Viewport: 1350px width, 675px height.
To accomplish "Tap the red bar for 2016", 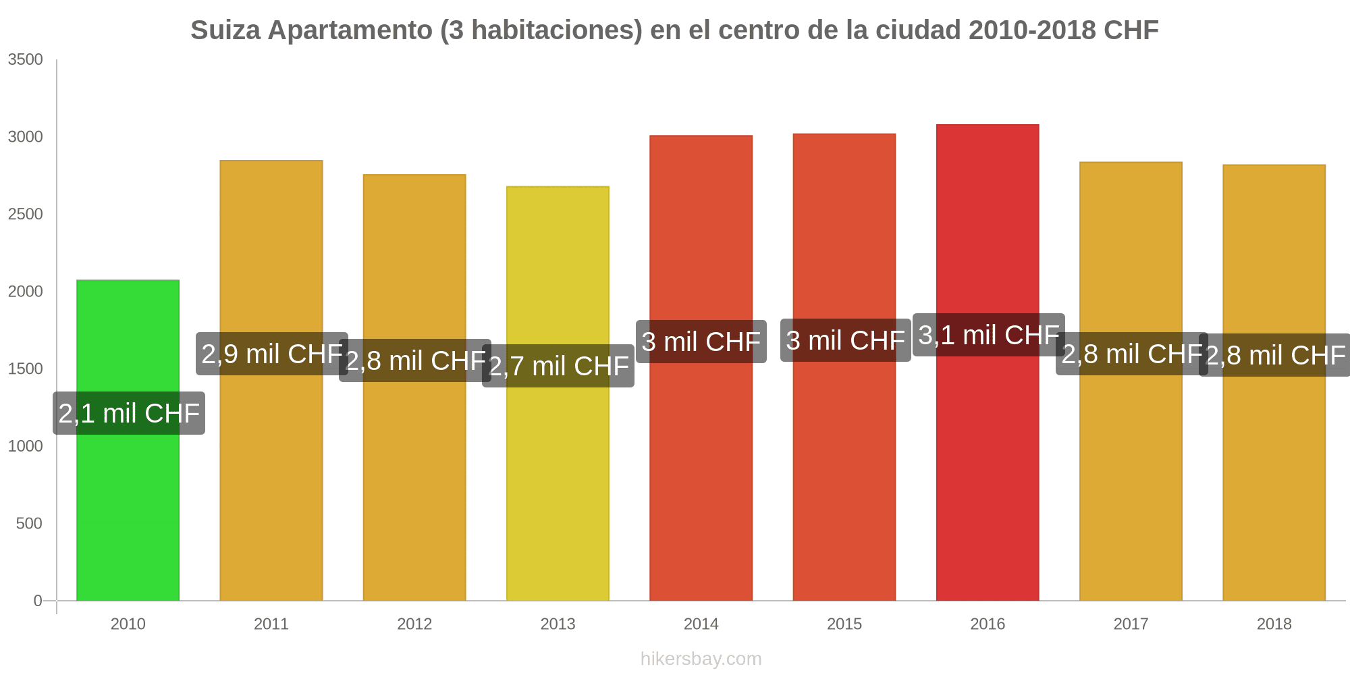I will coord(988,473).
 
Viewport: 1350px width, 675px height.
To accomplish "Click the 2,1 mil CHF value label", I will coord(129,413).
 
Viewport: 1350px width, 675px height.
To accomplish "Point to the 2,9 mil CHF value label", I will coord(272,354).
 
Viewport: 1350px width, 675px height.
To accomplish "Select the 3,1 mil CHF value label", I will coord(989,335).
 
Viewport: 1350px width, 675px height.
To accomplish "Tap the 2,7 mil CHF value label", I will coord(558,366).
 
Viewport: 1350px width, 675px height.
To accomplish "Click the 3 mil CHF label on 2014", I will coord(701,342).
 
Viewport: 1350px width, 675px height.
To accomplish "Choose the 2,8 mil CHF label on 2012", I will coord(415,360).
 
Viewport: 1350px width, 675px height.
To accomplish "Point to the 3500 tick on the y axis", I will coord(26,59).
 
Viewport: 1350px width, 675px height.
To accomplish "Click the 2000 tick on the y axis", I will coord(26,292).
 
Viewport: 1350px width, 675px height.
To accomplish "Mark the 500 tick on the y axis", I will coord(30,523).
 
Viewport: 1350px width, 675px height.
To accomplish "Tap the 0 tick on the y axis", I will coord(38,601).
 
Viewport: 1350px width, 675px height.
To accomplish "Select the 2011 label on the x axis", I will coord(271,624).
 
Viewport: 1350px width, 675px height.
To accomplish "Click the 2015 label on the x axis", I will coord(844,624).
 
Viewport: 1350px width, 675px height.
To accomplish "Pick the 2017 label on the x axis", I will coord(1131,624).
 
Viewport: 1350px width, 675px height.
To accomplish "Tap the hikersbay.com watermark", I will coord(701,659).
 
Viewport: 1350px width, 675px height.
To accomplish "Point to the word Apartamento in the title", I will coord(350,30).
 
